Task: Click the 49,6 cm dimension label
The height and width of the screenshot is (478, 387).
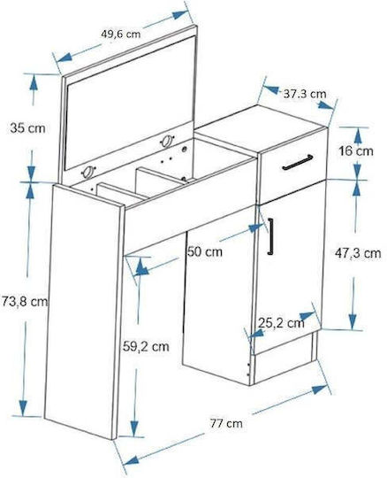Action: click(x=121, y=34)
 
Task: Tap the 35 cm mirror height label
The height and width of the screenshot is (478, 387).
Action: click(x=27, y=128)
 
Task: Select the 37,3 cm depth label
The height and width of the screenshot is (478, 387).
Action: click(x=305, y=94)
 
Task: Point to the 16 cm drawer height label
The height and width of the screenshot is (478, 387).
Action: click(x=356, y=150)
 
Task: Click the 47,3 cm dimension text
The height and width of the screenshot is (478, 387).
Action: click(x=358, y=253)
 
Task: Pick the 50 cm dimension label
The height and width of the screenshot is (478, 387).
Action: click(x=205, y=251)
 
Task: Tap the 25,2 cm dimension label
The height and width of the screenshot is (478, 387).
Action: click(x=281, y=323)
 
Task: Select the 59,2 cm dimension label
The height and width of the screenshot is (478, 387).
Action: click(x=146, y=347)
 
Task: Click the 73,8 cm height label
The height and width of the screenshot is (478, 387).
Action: click(x=25, y=302)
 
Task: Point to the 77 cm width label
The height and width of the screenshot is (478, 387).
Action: click(x=226, y=423)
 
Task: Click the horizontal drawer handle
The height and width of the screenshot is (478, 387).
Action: click(x=298, y=162)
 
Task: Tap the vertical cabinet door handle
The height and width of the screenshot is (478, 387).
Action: click(x=270, y=236)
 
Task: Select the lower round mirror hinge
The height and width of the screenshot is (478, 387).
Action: click(x=88, y=173)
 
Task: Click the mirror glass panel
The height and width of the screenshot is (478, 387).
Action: click(x=130, y=103)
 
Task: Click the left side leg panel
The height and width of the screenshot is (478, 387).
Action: click(x=84, y=311)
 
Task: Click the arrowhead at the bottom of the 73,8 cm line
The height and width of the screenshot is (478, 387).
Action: click(x=23, y=408)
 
